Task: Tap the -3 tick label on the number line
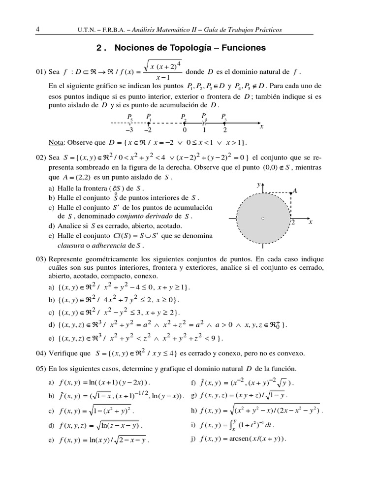tap(130, 130)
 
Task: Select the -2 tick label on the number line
tap(148, 130)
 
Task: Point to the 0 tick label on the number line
tap(184, 130)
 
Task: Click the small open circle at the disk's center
tap(263, 219)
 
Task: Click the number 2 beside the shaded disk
tap(292, 223)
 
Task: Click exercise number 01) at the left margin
tap(41, 72)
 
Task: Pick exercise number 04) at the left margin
tap(41, 353)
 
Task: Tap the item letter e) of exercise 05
tap(51, 440)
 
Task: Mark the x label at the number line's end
tap(262, 126)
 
